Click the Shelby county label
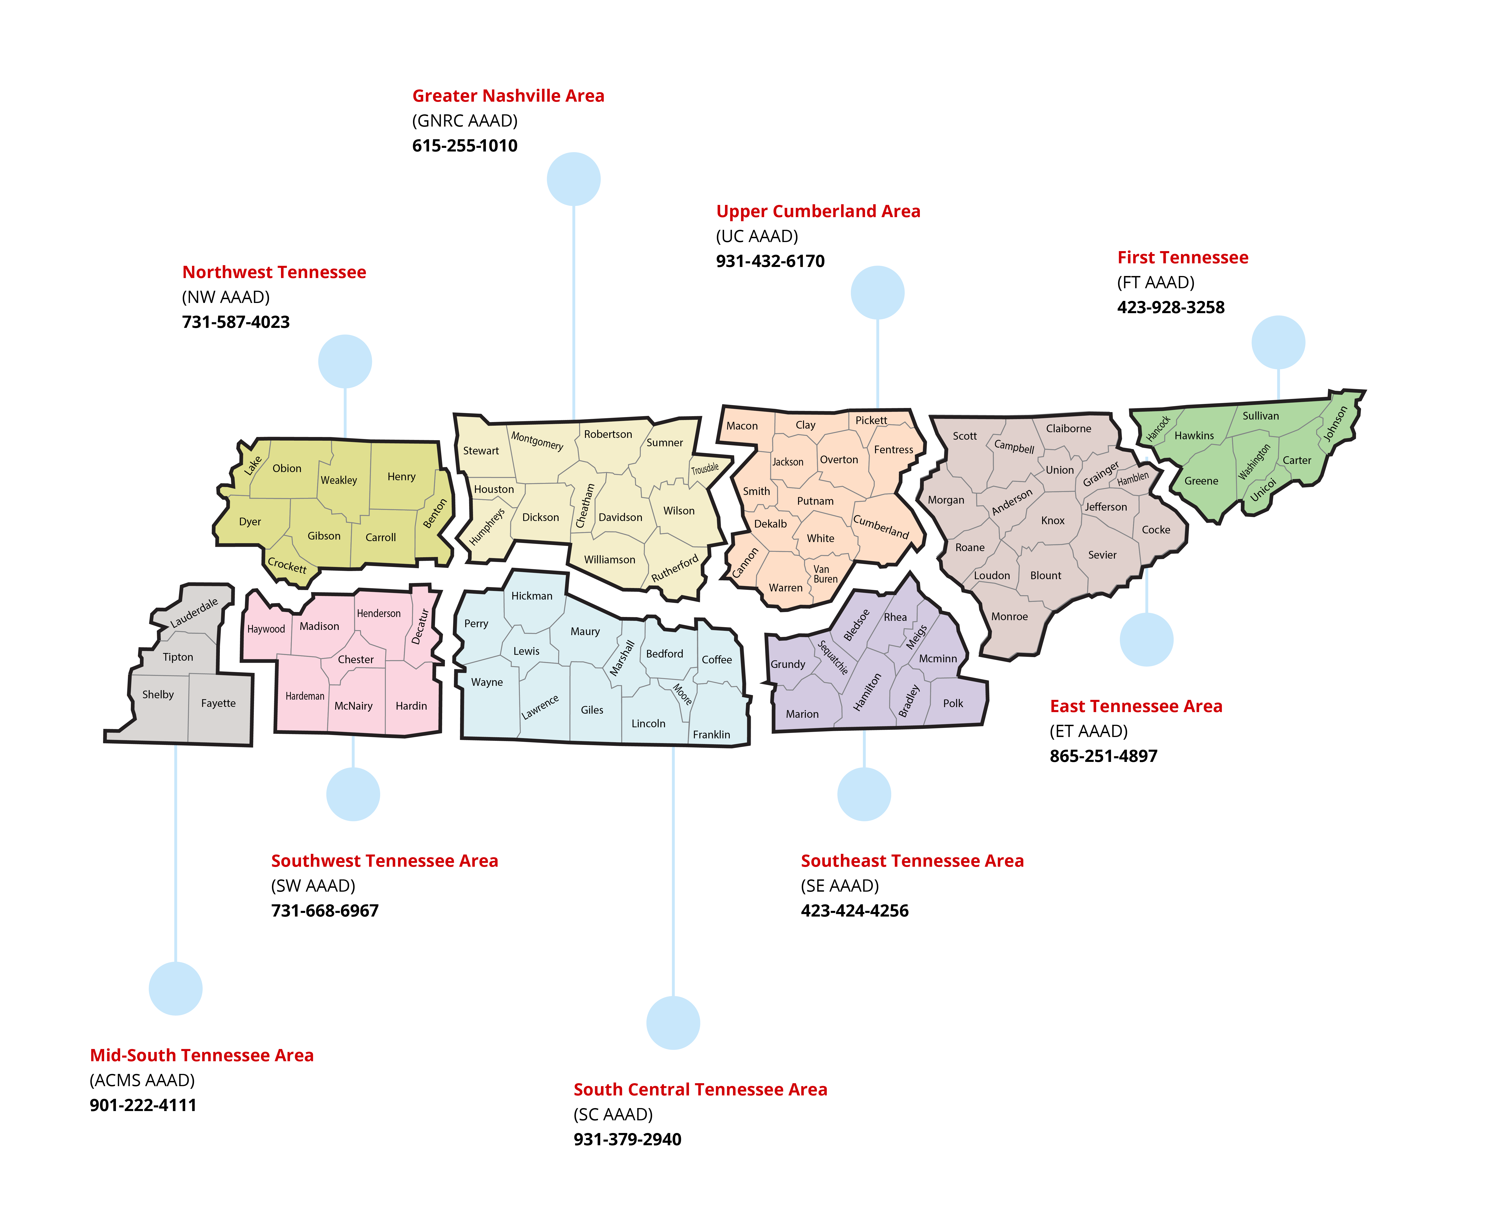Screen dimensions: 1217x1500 pos(158,695)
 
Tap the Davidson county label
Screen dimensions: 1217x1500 pos(620,517)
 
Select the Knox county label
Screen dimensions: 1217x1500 pos(1053,520)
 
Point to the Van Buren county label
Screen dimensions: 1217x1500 pos(825,574)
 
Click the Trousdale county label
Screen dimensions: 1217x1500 pos(705,468)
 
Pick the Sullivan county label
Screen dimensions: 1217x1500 pos(1260,416)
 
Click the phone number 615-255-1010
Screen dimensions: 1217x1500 pos(465,146)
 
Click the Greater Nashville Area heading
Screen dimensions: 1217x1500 pos(508,96)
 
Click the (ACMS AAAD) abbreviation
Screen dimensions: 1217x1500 pos(142,1080)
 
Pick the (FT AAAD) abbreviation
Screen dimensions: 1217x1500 pos(1156,283)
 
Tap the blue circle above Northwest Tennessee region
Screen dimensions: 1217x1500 pos(345,361)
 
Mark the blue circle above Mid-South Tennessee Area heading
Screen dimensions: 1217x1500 pos(175,989)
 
